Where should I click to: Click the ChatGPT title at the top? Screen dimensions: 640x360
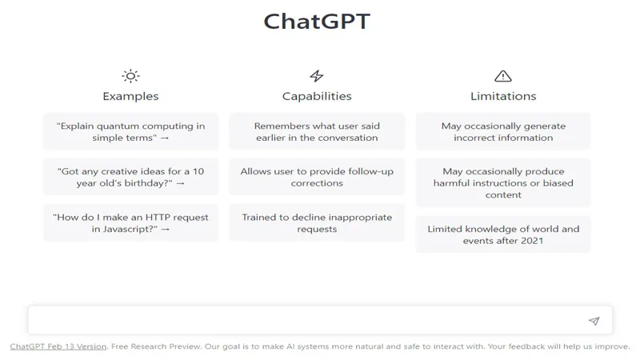pyautogui.click(x=317, y=22)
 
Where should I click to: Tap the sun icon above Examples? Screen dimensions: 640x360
pyautogui.click(x=130, y=76)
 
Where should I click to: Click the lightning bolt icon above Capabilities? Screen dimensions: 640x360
pyautogui.click(x=316, y=76)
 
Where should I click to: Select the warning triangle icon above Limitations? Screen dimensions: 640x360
pyautogui.click(x=503, y=76)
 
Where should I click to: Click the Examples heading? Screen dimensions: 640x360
pyautogui.click(x=130, y=96)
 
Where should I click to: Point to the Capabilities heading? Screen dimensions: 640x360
pyautogui.click(x=317, y=96)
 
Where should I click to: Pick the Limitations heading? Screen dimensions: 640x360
pyautogui.click(x=503, y=96)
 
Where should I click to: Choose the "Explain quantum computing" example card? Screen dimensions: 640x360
pyautogui.click(x=130, y=131)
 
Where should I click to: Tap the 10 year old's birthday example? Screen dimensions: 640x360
pyautogui.click(x=130, y=177)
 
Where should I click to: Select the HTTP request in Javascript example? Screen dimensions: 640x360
pyautogui.click(x=130, y=222)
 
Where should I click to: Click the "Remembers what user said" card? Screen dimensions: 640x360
pyautogui.click(x=317, y=131)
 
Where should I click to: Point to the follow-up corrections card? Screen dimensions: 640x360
pyautogui.click(x=317, y=177)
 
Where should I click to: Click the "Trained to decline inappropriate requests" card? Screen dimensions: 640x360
pyautogui.click(x=317, y=222)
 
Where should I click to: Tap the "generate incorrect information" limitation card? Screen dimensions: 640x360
pyautogui.click(x=503, y=131)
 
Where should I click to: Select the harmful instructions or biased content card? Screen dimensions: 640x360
pyautogui.click(x=503, y=182)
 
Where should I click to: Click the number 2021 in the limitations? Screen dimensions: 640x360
pyautogui.click(x=532, y=241)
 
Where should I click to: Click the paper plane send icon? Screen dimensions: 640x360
pyautogui.click(x=594, y=322)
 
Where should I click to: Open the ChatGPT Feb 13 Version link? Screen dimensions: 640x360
pyautogui.click(x=58, y=346)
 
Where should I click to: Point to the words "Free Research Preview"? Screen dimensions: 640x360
pyautogui.click(x=156, y=346)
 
